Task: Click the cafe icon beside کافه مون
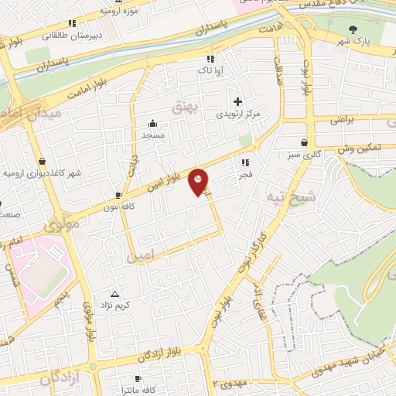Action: (x=118, y=195)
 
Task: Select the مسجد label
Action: (x=152, y=135)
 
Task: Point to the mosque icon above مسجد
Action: (x=152, y=122)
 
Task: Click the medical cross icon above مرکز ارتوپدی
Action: (x=237, y=101)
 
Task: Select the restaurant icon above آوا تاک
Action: (x=210, y=59)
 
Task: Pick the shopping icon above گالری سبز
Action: (x=307, y=142)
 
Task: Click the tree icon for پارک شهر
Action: (x=353, y=29)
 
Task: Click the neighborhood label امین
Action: (x=142, y=254)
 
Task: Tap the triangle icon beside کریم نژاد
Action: (x=115, y=294)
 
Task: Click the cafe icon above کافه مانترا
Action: (x=138, y=378)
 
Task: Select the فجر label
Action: (x=245, y=175)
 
